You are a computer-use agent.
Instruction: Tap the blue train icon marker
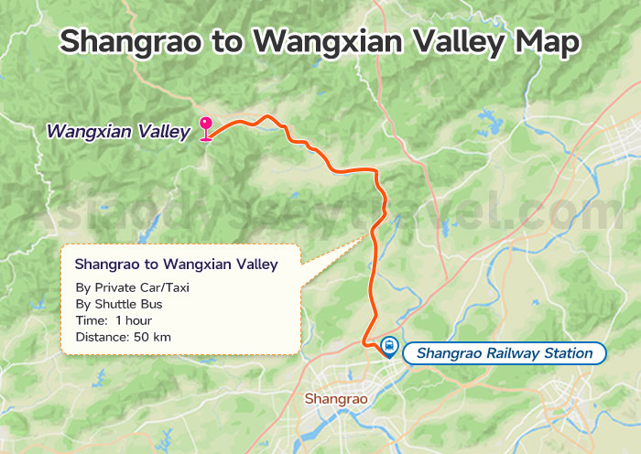(x=389, y=347)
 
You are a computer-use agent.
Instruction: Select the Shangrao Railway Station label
(x=504, y=353)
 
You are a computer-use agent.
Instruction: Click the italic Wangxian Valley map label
(x=118, y=132)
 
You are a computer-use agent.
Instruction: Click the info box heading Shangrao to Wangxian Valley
(x=176, y=265)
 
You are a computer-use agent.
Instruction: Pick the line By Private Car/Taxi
(x=133, y=287)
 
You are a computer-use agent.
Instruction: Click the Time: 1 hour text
(x=114, y=320)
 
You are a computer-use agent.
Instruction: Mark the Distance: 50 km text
(x=123, y=337)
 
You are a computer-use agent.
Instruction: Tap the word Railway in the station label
(x=508, y=353)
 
